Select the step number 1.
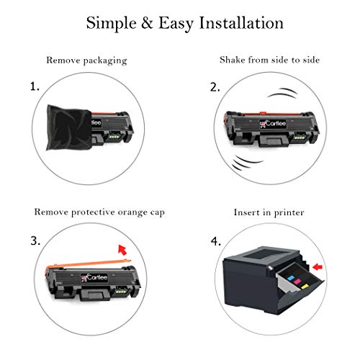point(35,87)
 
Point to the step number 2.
point(215,87)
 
